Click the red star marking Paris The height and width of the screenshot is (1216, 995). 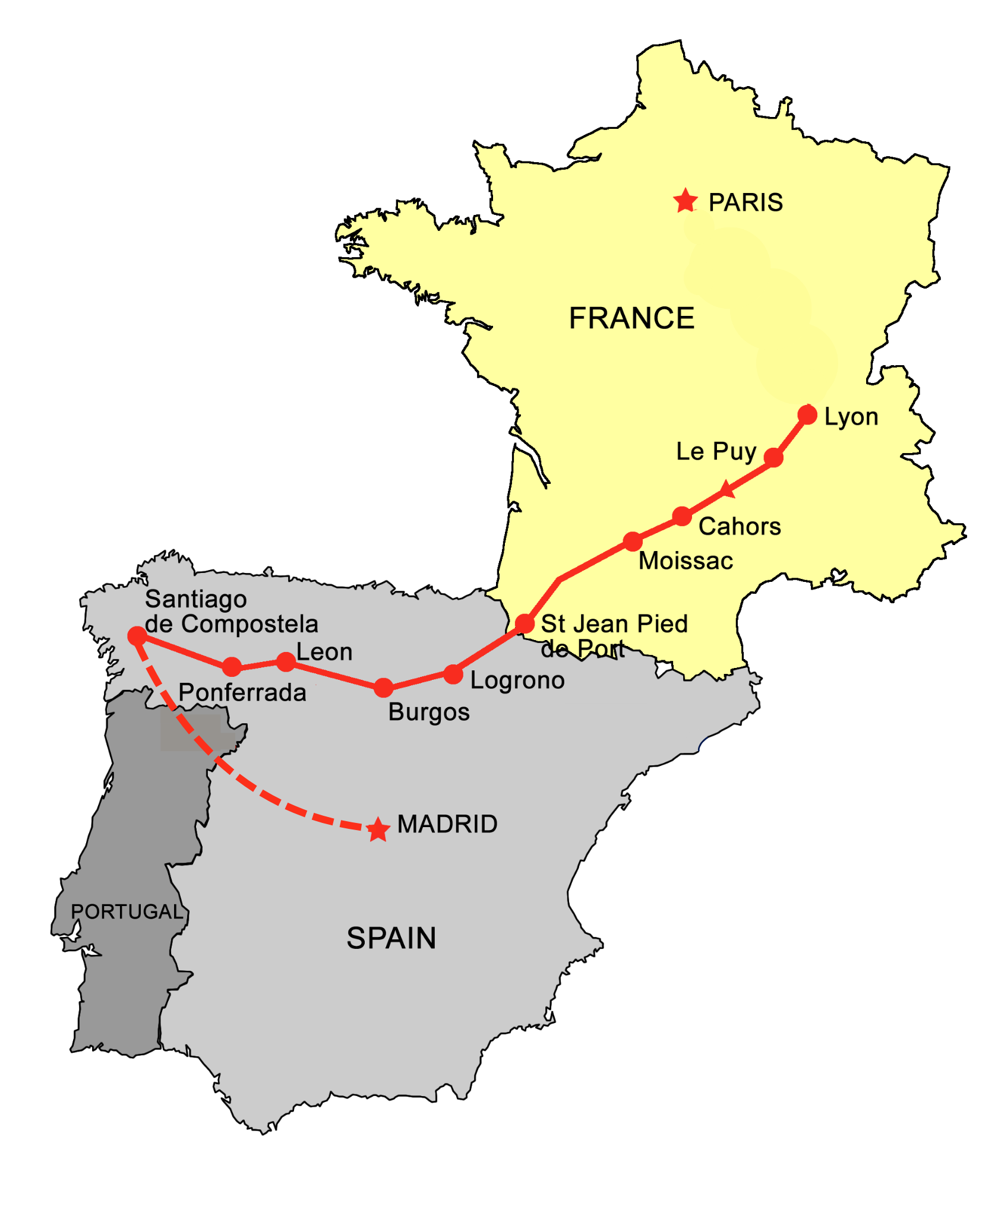point(686,201)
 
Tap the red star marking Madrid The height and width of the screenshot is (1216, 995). point(378,829)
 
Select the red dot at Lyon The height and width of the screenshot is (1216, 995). point(807,414)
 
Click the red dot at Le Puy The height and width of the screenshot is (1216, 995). point(773,457)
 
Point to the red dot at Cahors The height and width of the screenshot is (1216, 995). point(682,516)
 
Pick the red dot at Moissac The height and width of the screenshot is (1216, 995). point(633,541)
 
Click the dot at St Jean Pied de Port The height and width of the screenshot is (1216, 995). point(525,623)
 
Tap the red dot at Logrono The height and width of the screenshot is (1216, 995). point(453,674)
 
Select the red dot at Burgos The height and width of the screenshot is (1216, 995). point(384,688)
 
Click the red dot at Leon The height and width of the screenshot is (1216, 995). point(286,661)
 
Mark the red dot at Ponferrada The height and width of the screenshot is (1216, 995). point(232,667)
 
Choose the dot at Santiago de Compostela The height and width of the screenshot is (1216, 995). point(137,636)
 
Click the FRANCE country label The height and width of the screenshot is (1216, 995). point(631,318)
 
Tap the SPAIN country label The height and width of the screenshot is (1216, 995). point(391,939)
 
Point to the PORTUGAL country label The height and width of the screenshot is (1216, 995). point(127,911)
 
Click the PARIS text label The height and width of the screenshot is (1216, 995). point(746,202)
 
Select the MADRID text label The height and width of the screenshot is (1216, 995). point(447,824)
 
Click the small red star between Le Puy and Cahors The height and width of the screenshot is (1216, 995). point(726,490)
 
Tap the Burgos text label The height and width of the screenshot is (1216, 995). point(429,712)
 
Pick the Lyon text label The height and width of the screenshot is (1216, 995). point(851,417)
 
